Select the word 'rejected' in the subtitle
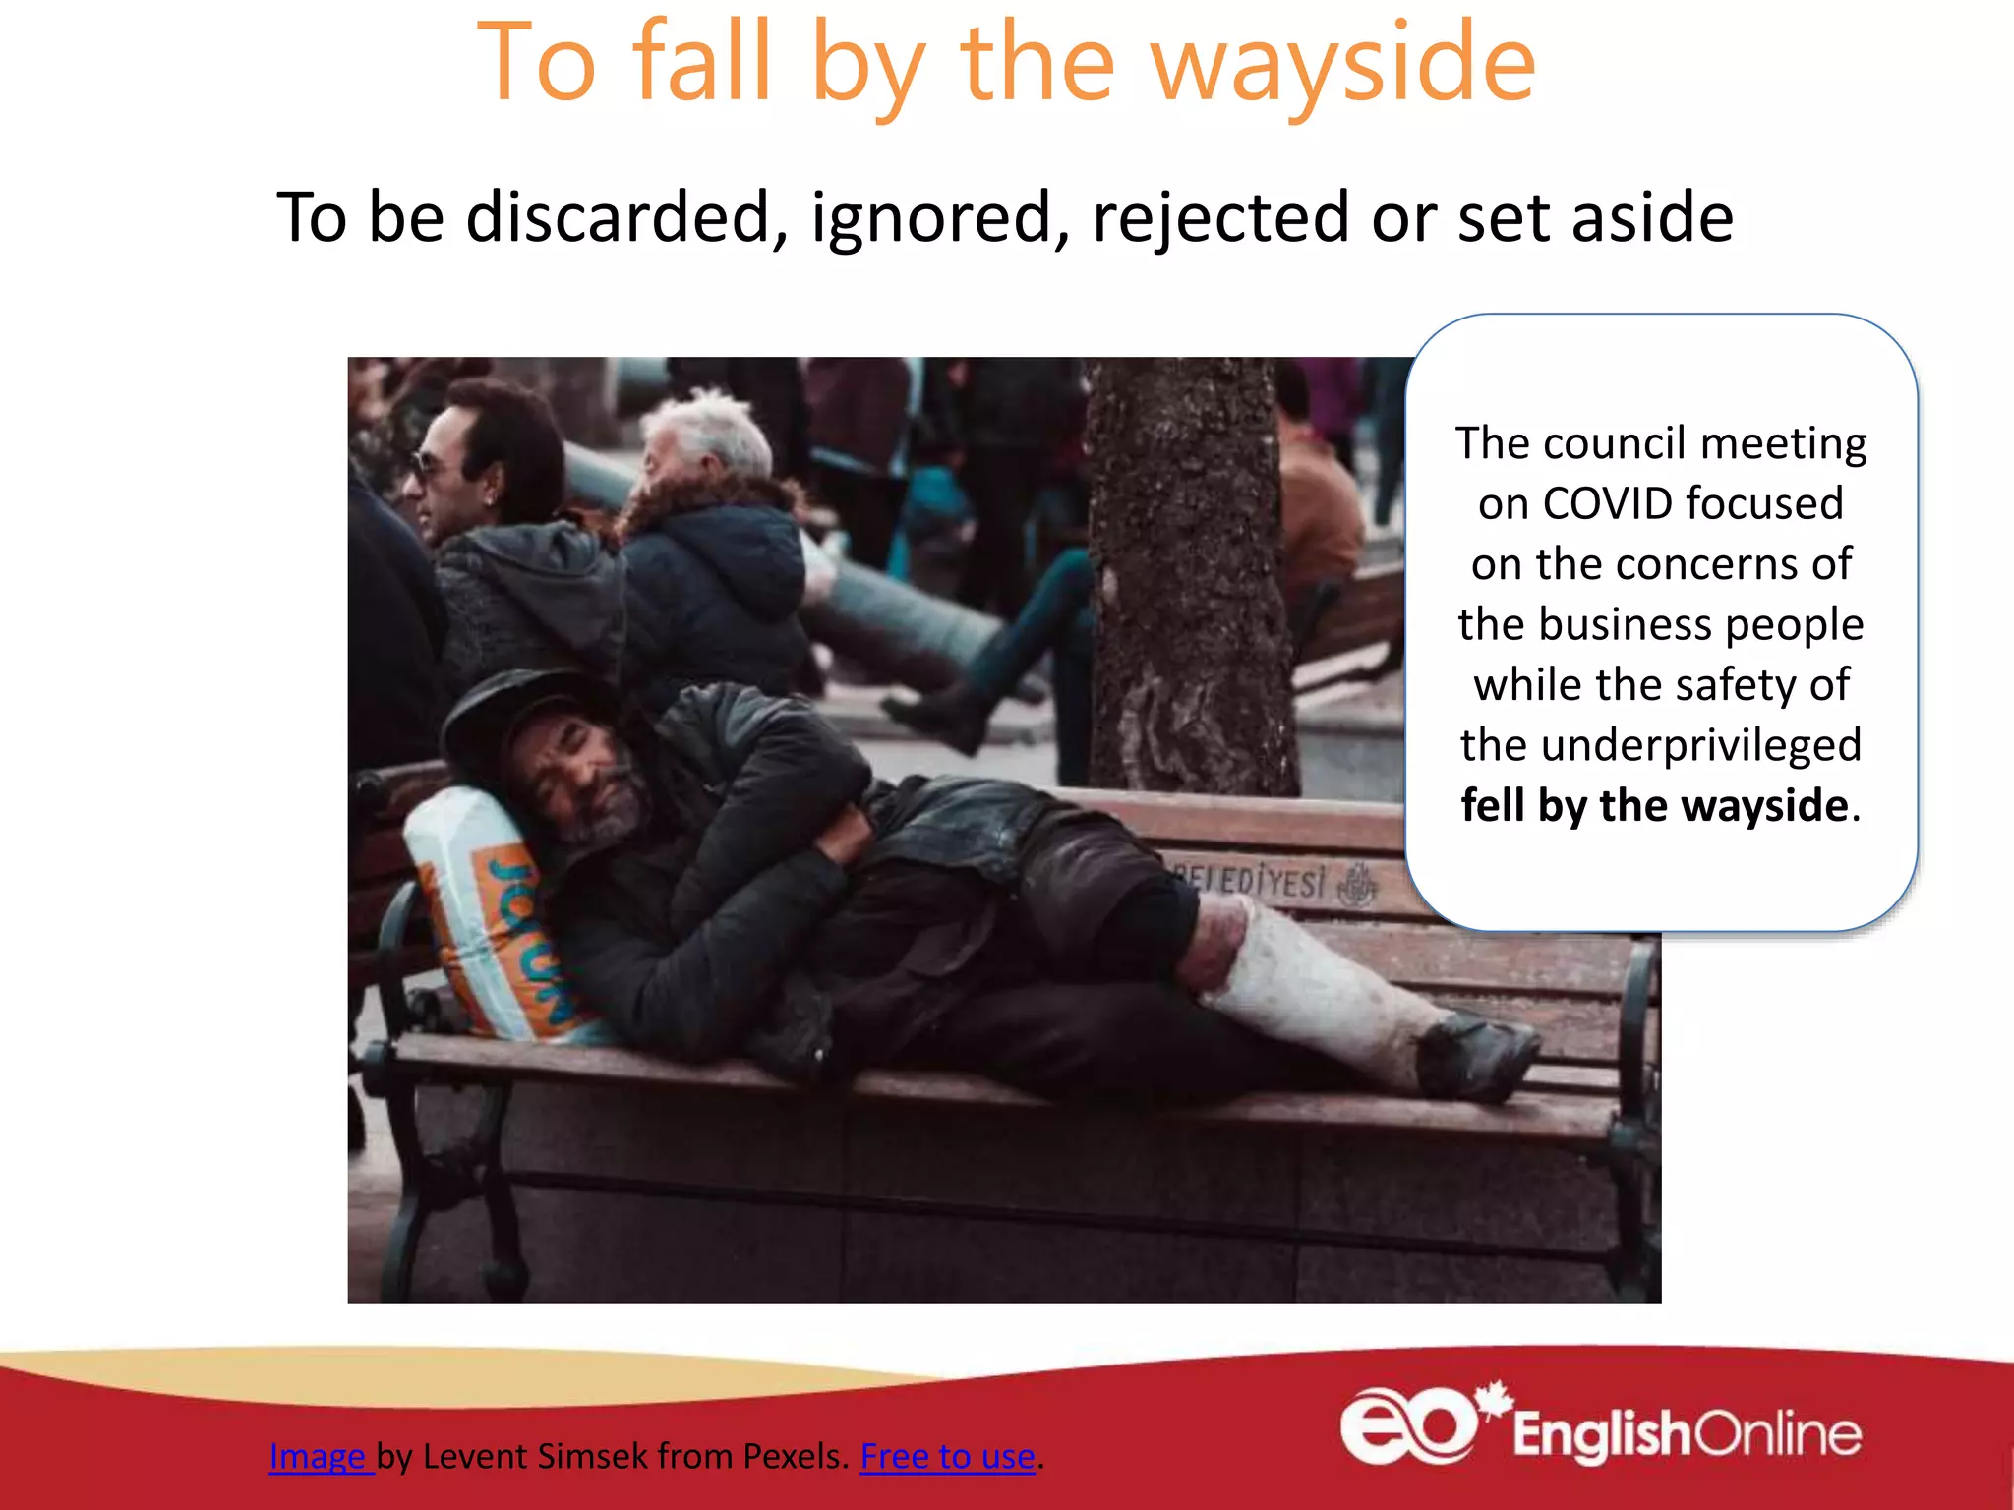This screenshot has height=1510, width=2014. click(1219, 217)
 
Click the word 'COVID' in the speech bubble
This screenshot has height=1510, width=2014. click(1608, 504)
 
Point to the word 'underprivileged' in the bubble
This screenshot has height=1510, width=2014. click(1661, 745)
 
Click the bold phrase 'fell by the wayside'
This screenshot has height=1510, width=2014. click(1654, 806)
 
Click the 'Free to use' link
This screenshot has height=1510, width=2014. click(947, 1456)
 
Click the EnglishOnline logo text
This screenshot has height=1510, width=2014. click(1687, 1434)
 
